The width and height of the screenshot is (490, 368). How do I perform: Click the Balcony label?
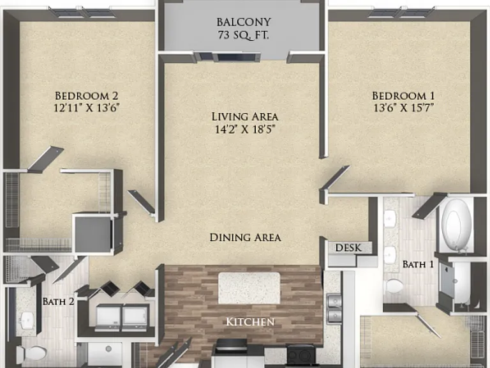click(x=244, y=22)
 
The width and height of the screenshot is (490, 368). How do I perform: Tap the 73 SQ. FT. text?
click(x=244, y=34)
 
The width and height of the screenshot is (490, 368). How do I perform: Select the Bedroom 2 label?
click(x=87, y=95)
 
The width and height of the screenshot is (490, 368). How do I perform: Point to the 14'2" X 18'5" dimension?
click(x=245, y=129)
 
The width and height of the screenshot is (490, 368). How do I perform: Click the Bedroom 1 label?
click(x=403, y=95)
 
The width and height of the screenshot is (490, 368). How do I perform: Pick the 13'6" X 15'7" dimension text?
click(x=403, y=108)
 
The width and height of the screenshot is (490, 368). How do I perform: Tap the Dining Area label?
click(x=245, y=238)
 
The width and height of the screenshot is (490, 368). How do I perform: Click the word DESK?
click(x=348, y=248)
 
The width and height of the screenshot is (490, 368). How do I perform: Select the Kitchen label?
click(x=250, y=322)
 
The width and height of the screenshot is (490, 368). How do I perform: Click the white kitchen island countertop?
click(x=249, y=288)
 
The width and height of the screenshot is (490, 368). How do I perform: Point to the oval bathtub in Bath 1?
click(x=458, y=224)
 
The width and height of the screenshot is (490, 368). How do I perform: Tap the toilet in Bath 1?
click(x=395, y=286)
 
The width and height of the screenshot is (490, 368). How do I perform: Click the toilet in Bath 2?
click(x=31, y=353)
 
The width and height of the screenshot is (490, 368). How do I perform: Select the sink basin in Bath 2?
click(x=26, y=319)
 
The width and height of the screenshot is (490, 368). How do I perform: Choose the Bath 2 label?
click(x=59, y=302)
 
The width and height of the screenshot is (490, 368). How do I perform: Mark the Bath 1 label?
click(x=418, y=264)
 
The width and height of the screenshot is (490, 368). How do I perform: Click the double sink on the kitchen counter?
click(x=334, y=307)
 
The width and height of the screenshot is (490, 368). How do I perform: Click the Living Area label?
click(x=245, y=116)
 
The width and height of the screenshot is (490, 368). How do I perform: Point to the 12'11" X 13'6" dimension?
click(x=87, y=108)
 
